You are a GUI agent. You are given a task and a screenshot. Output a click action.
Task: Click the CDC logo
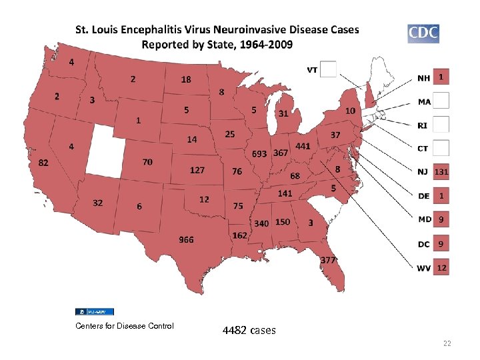pyautogui.click(x=423, y=33)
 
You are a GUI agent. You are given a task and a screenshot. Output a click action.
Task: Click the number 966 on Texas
pyautogui.click(x=185, y=239)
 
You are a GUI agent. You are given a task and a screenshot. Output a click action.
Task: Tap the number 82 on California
pyautogui.click(x=43, y=163)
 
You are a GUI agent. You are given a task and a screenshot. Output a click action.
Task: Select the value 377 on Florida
pyautogui.click(x=328, y=260)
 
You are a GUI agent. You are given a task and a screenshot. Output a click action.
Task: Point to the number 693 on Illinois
pyautogui.click(x=259, y=154)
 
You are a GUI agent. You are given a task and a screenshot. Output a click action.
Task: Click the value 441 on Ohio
pyautogui.click(x=303, y=146)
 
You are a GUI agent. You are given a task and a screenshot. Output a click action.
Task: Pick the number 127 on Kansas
pyautogui.click(x=197, y=170)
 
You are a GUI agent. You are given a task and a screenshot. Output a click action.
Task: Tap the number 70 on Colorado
pyautogui.click(x=147, y=161)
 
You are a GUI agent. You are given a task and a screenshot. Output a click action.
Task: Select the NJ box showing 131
pyautogui.click(x=441, y=173)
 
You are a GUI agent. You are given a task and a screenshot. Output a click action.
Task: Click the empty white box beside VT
pyautogui.click(x=329, y=69)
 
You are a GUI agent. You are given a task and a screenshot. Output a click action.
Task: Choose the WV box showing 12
pyautogui.click(x=441, y=267)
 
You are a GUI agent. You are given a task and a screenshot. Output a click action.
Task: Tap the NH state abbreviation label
pyautogui.click(x=423, y=78)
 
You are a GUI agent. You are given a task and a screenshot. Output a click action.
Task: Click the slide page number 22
pyautogui.click(x=447, y=343)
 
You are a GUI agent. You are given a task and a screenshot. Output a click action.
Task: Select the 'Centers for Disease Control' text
pyautogui.click(x=125, y=325)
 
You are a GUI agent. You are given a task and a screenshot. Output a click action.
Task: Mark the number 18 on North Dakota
pyautogui.click(x=186, y=79)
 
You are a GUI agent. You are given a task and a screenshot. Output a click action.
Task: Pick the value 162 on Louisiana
pyautogui.click(x=240, y=235)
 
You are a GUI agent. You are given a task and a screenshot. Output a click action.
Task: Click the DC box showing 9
pyautogui.click(x=441, y=244)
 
